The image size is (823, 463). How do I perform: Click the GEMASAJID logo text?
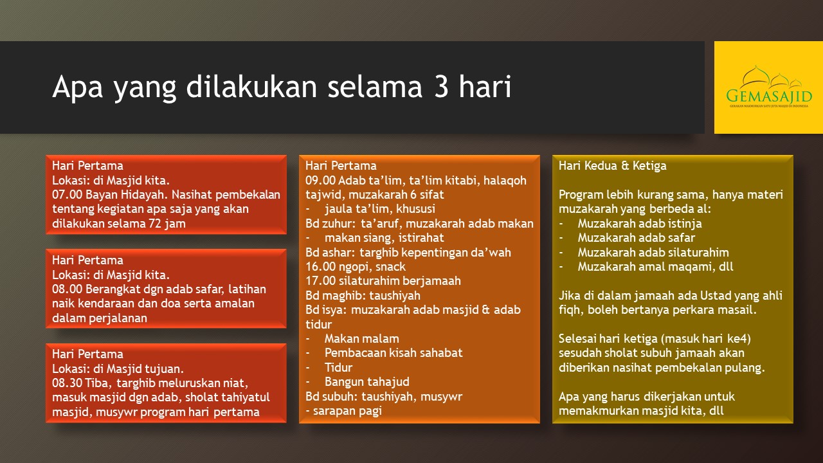click(769, 96)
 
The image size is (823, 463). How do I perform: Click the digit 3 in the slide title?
click(440, 87)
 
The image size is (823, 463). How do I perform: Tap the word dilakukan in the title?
click(251, 86)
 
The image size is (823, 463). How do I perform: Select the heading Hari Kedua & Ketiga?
click(613, 165)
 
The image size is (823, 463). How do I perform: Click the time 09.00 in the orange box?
click(320, 181)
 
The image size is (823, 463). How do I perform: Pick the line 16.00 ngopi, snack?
click(356, 267)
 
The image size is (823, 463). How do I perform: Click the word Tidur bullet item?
click(338, 367)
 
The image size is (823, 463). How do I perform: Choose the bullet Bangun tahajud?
click(366, 382)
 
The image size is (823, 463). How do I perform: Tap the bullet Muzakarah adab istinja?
click(640, 223)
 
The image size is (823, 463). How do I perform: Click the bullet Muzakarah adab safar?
click(637, 238)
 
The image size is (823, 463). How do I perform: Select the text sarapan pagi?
click(347, 411)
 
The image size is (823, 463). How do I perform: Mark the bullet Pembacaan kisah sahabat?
click(393, 353)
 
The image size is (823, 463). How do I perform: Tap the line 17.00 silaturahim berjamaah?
click(383, 281)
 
